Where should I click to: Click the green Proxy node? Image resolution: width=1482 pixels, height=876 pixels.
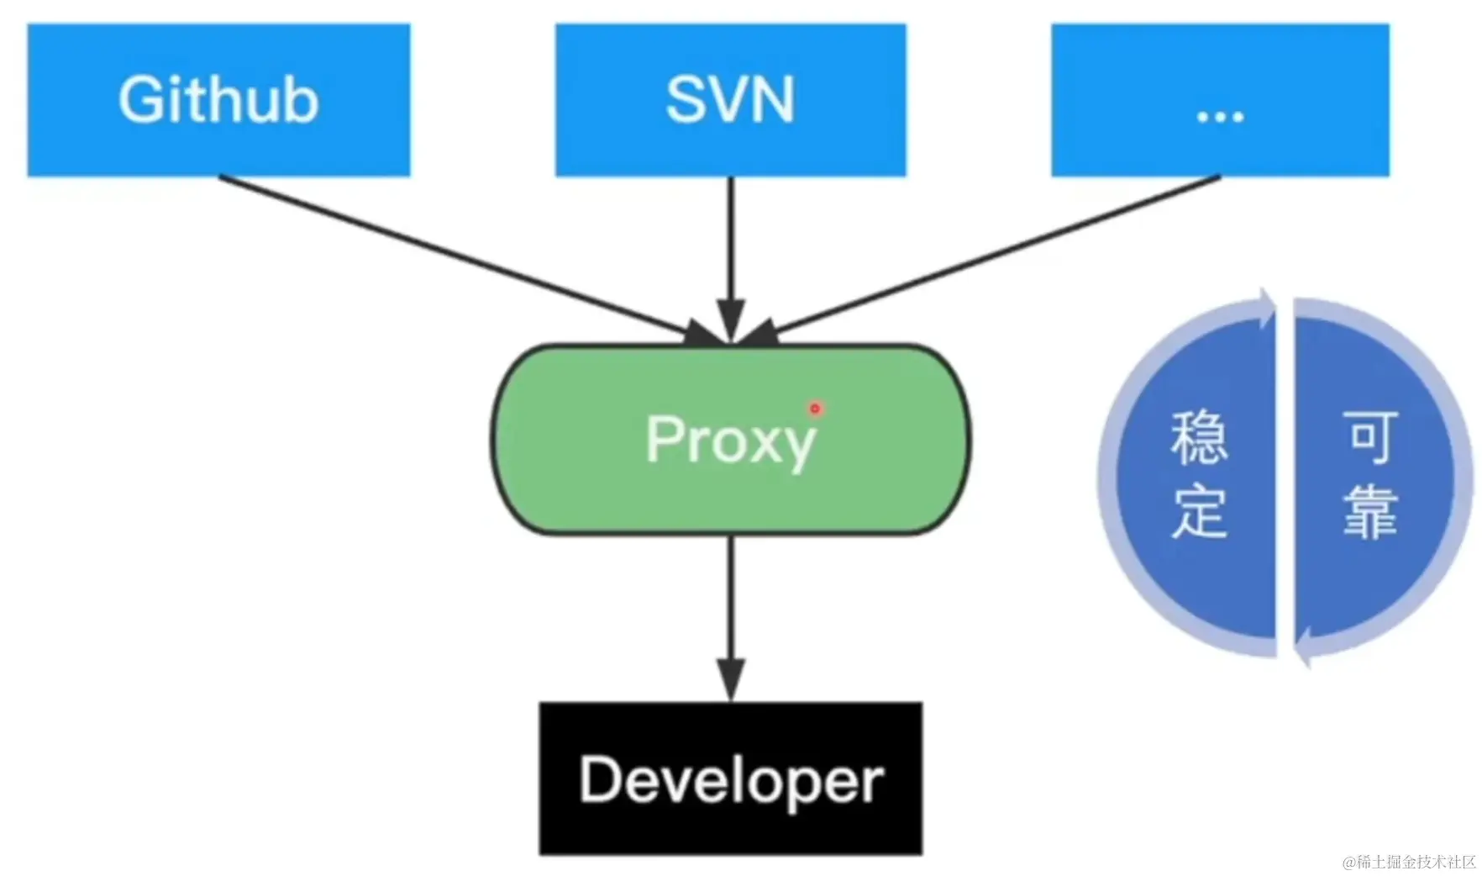pos(730,496)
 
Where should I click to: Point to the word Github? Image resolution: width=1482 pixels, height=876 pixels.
pos(218,100)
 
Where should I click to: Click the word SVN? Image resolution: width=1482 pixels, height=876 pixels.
pos(730,100)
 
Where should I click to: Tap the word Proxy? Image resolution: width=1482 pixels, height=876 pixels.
pos(730,440)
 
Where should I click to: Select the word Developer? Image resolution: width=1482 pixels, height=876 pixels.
pos(730,780)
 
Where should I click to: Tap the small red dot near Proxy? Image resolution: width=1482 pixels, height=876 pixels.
pos(814,409)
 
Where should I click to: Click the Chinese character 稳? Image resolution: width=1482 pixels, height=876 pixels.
pos(1199,438)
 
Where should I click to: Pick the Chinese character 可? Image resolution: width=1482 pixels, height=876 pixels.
pos(1370,436)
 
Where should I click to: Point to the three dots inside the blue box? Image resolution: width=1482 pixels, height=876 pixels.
pos(1220,117)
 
